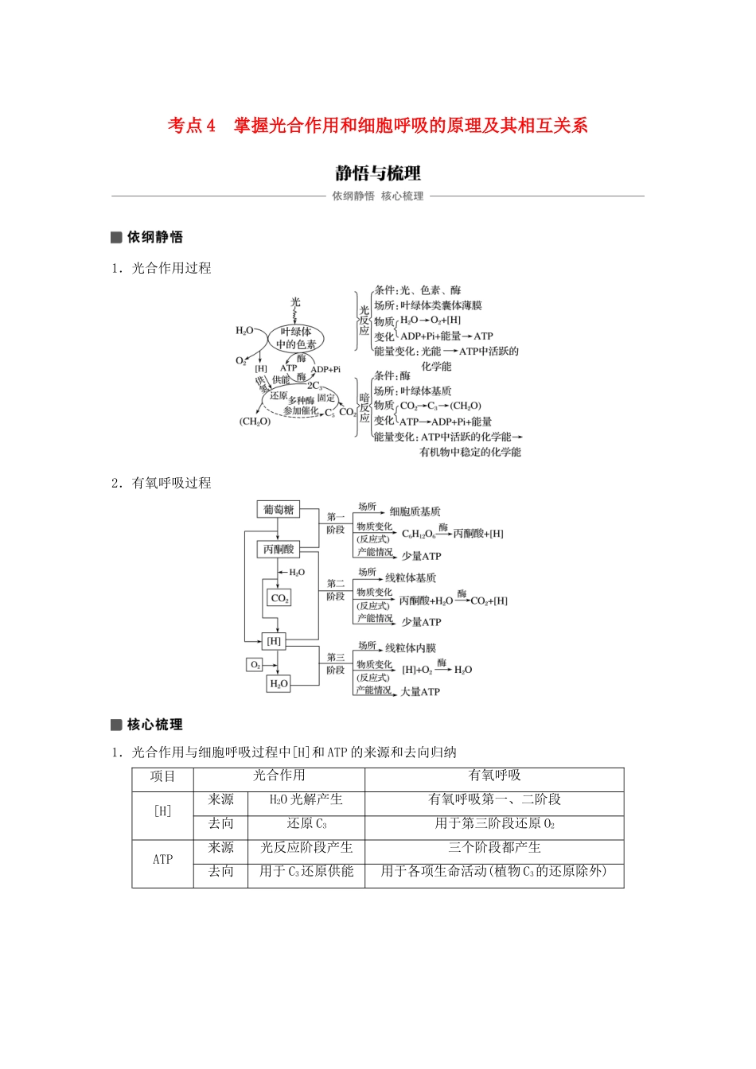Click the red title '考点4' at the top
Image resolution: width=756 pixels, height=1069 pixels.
coord(191,126)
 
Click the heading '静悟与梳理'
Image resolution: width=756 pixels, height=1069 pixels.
coord(378,173)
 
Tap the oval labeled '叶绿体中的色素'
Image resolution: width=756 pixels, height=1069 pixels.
coord(296,338)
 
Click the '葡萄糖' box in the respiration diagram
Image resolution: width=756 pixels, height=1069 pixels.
coord(279,509)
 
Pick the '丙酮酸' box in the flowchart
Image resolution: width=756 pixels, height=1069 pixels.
coord(279,549)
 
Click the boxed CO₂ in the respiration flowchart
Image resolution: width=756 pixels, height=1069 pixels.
coord(279,598)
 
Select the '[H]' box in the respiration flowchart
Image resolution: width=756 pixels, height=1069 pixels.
coord(274,641)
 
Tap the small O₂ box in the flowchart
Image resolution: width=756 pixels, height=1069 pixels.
coord(255,664)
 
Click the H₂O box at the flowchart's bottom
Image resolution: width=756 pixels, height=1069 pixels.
coord(279,683)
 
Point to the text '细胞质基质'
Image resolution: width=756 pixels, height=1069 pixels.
coord(415,511)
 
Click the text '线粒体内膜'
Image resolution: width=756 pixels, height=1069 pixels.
coord(411,648)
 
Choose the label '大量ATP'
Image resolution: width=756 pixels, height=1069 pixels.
coord(420,692)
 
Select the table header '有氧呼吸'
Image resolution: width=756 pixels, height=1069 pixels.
coord(494,776)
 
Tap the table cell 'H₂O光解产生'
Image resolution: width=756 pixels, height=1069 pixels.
coord(306,800)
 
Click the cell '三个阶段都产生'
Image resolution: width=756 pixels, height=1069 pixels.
coord(494,848)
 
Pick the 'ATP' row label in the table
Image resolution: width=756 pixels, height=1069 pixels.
coord(162,860)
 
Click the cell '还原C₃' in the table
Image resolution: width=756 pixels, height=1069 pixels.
coord(306,824)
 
